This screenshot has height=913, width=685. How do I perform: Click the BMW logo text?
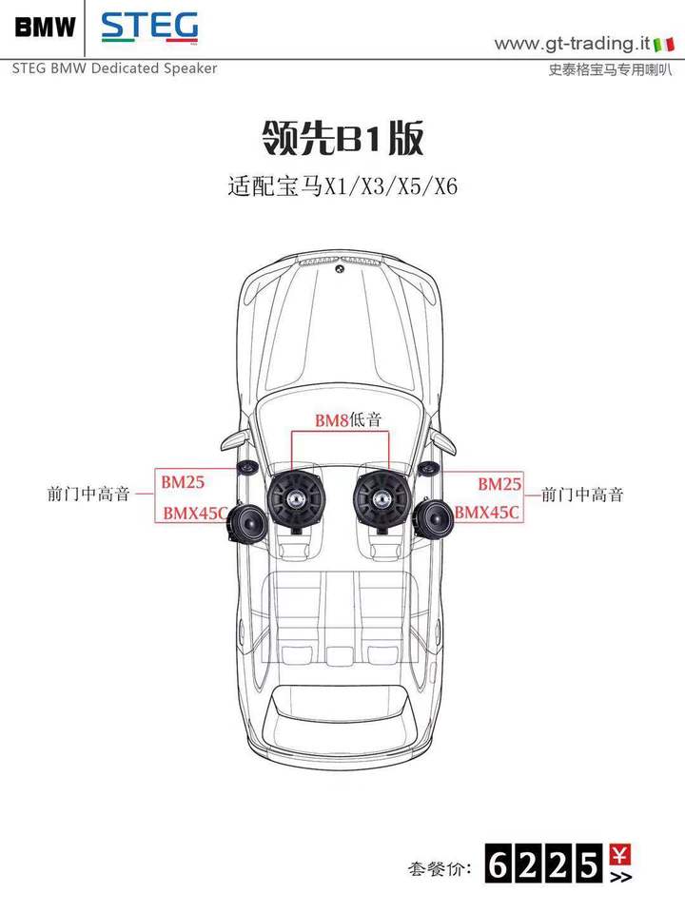46,27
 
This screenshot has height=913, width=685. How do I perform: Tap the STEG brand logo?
149,27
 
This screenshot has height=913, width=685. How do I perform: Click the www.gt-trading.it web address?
572,44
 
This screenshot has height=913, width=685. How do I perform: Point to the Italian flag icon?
663,45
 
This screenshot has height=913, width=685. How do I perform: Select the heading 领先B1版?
342,138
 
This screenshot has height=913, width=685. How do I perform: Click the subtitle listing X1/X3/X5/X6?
342,187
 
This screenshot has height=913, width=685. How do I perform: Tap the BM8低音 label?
348,419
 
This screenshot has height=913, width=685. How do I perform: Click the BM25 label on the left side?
183,482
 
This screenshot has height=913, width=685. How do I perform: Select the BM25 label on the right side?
499,483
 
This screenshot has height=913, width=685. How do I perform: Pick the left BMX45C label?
194,513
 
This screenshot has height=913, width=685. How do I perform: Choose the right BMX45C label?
486,512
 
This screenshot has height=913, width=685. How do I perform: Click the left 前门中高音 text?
88,495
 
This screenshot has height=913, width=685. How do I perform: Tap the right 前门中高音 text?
582,495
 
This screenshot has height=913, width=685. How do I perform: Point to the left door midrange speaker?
247,522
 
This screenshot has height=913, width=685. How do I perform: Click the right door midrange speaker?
434,519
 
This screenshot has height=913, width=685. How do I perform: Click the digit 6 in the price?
499,864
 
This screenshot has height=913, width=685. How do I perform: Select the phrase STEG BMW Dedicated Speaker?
115,68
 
